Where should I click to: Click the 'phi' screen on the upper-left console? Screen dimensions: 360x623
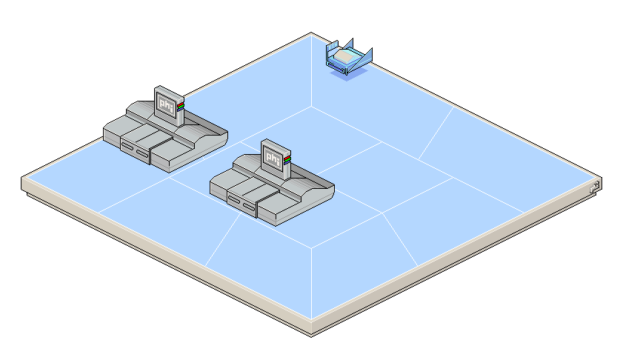167,107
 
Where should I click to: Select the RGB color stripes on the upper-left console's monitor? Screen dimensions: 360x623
180,107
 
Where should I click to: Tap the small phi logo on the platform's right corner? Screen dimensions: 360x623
594,187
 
